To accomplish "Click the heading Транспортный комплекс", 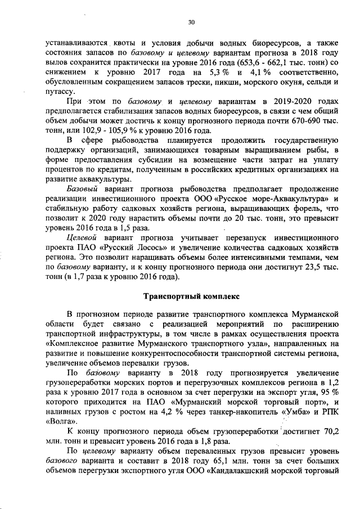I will click(191, 295).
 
